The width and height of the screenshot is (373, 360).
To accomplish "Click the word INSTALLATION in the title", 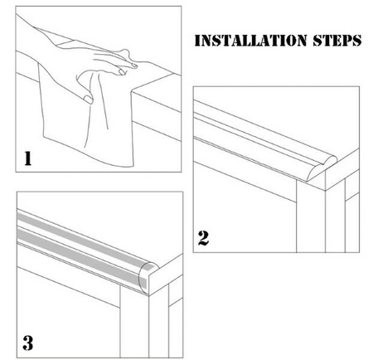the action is pyautogui.click(x=251, y=41).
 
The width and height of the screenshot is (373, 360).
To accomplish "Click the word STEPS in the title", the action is pyautogui.click(x=337, y=41).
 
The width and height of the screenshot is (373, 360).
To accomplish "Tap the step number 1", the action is pyautogui.click(x=28, y=158).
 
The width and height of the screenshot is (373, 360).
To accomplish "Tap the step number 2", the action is pyautogui.click(x=203, y=238).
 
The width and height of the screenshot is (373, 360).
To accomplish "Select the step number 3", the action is pyautogui.click(x=28, y=343).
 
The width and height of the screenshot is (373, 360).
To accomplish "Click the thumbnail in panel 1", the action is pyautogui.click(x=88, y=100).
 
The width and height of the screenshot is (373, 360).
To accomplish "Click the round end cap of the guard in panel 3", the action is pyautogui.click(x=148, y=277).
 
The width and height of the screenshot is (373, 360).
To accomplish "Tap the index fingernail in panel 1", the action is pyautogui.click(x=133, y=66).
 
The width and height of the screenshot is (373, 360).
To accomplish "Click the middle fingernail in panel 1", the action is pyautogui.click(x=122, y=72).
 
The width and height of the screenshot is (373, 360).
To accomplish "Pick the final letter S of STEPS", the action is pyautogui.click(x=356, y=41).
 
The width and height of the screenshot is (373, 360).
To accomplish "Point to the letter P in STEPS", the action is pyautogui.click(x=346, y=41).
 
